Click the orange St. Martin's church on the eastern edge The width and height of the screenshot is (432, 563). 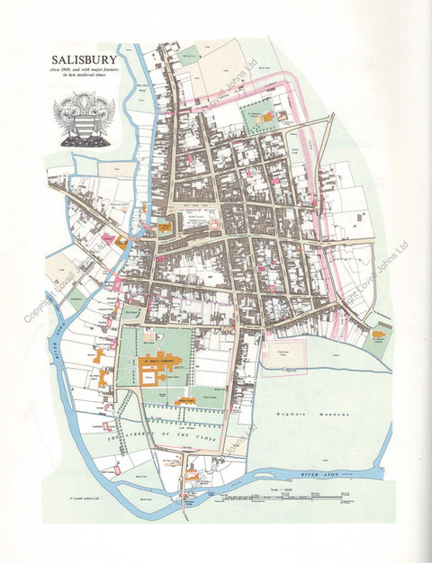379,336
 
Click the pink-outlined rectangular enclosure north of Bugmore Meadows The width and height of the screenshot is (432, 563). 283,353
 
